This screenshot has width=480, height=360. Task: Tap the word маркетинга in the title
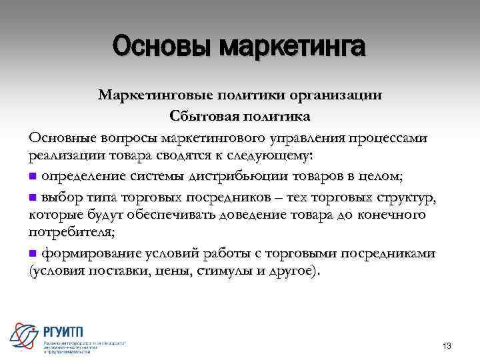292,47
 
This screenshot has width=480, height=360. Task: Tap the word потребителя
70,234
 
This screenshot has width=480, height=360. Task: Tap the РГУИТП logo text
69,332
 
